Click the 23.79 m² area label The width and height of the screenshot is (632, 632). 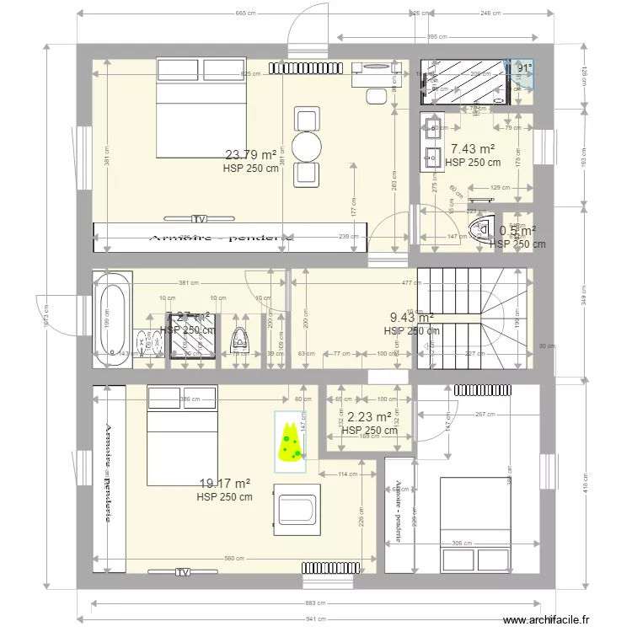(x=251, y=154)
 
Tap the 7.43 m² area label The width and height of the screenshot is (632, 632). (x=473, y=149)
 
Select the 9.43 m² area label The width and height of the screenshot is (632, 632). (x=411, y=318)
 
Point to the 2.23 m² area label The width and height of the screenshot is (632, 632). (x=369, y=417)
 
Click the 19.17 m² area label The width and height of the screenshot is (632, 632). (x=224, y=484)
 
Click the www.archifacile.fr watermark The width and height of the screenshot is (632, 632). (x=559, y=622)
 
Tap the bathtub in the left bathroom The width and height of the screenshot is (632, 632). (x=113, y=319)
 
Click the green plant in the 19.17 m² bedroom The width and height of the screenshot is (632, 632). (x=291, y=439)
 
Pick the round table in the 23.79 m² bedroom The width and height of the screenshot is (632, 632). (x=306, y=144)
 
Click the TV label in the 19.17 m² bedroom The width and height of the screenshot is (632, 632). (x=182, y=573)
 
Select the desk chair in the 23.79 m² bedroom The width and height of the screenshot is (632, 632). (x=376, y=94)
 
